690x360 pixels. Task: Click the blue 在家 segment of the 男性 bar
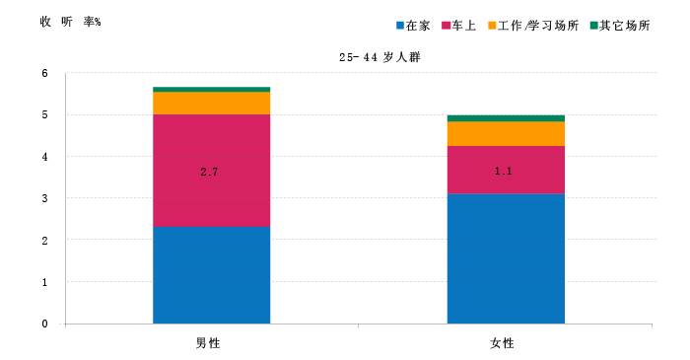pyautogui.click(x=211, y=275)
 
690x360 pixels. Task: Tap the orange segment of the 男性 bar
pyautogui.click(x=211, y=103)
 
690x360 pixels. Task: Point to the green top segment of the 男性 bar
pyautogui.click(x=211, y=90)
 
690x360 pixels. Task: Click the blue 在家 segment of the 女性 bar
pyautogui.click(x=506, y=258)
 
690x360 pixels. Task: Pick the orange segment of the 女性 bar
pyautogui.click(x=506, y=133)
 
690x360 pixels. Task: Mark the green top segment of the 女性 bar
pyautogui.click(x=506, y=118)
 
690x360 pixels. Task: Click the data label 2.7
pyautogui.click(x=209, y=172)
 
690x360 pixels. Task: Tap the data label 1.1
pyautogui.click(x=504, y=172)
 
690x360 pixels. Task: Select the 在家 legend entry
pyautogui.click(x=413, y=26)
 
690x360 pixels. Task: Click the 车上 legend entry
pyautogui.click(x=459, y=26)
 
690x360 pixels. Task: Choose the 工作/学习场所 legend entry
pyautogui.click(x=533, y=26)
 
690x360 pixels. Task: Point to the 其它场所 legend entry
pyautogui.click(x=620, y=26)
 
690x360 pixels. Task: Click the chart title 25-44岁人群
pyautogui.click(x=379, y=57)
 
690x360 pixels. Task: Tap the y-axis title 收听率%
pyautogui.click(x=70, y=22)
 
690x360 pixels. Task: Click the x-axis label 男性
pyautogui.click(x=208, y=343)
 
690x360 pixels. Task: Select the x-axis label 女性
pyautogui.click(x=502, y=343)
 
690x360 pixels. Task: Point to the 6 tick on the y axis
pyautogui.click(x=45, y=73)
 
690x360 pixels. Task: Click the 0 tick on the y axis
pyautogui.click(x=45, y=324)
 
